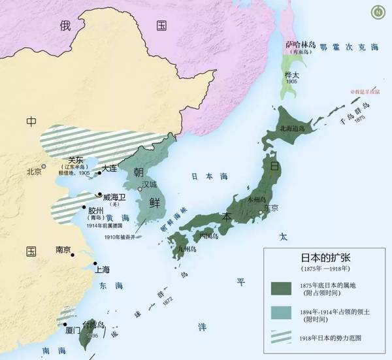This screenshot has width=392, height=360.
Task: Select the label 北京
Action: [x=34, y=172]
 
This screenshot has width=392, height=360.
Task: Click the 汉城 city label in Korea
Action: [x=150, y=184]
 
